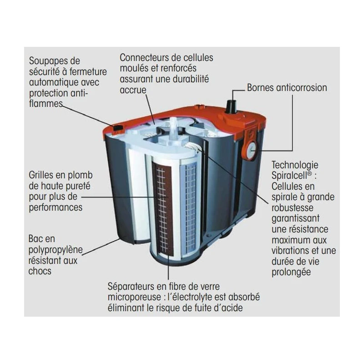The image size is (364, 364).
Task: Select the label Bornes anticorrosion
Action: (x=287, y=88)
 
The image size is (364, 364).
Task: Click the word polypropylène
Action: (x=56, y=250)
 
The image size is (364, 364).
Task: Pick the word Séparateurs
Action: (x=131, y=287)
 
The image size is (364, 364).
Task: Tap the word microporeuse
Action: (x=134, y=298)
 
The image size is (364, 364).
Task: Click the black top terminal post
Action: (x=231, y=106)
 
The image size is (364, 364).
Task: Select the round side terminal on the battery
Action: (x=251, y=151)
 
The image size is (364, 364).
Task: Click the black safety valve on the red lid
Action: (x=118, y=128)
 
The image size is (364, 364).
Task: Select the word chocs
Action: (x=40, y=271)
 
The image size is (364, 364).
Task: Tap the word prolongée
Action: (x=291, y=272)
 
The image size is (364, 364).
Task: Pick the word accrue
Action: (x=133, y=90)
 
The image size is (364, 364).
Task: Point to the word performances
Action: (x=56, y=207)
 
